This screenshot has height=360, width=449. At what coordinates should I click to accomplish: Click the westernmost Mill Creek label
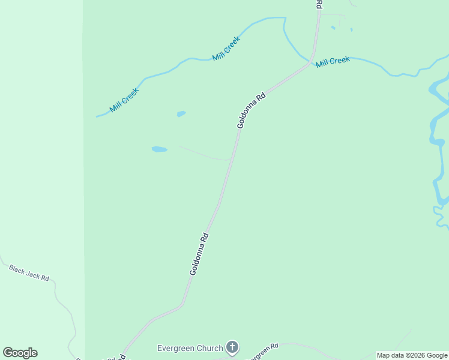tap(124, 100)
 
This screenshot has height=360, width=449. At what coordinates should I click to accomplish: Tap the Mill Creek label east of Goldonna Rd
tap(333, 62)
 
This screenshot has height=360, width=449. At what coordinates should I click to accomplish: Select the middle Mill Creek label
tap(226, 49)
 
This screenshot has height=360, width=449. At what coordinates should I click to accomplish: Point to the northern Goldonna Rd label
tap(251, 110)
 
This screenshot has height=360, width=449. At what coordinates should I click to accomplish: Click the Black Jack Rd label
tap(29, 274)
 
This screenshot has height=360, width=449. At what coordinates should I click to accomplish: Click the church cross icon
tap(232, 347)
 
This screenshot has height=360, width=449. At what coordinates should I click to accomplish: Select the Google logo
tap(20, 353)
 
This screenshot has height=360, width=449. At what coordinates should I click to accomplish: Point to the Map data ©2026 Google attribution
tap(412, 355)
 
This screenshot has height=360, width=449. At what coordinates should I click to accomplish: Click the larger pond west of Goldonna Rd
tap(159, 149)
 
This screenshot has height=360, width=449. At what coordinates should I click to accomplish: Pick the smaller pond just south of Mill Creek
tap(181, 113)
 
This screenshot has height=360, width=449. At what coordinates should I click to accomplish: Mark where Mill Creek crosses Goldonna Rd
tap(310, 62)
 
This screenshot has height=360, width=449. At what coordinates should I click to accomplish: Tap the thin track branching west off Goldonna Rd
tap(204, 154)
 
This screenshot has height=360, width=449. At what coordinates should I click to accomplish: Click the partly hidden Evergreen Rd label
tap(264, 349)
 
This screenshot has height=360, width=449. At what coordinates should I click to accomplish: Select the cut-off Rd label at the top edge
tap(319, 4)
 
